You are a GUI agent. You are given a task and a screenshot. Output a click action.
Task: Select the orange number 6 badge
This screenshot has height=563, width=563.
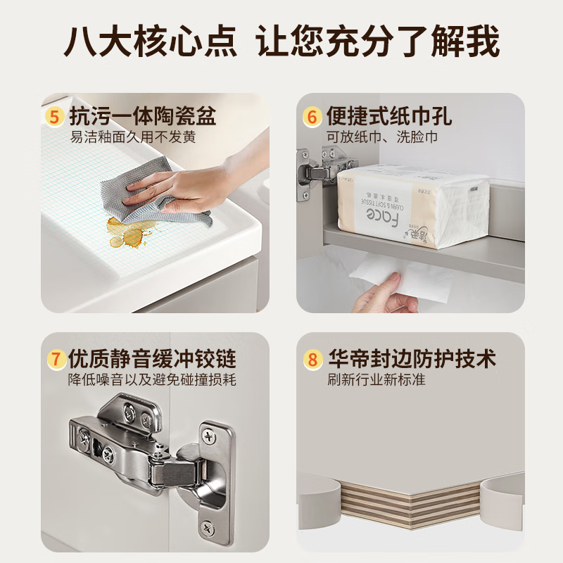pyautogui.click(x=312, y=116)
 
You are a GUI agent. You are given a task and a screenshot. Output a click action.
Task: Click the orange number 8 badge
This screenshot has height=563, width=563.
pyautogui.click(x=312, y=359)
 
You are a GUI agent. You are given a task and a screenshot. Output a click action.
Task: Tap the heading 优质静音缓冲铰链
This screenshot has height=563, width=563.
pyautogui.click(x=152, y=358)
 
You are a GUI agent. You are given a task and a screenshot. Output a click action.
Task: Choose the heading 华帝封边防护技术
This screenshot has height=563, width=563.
pyautogui.click(x=412, y=359)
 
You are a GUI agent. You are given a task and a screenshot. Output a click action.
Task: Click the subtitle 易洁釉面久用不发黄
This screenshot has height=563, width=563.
pyautogui.click(x=133, y=137)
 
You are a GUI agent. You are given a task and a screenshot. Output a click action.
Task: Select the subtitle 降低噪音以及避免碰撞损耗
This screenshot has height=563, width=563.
pyautogui.click(x=152, y=380)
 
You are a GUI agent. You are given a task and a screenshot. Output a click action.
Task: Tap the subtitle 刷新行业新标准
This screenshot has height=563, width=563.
pyautogui.click(x=376, y=380)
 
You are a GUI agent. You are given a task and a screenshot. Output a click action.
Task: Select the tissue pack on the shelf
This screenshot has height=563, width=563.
pyautogui.click(x=412, y=204)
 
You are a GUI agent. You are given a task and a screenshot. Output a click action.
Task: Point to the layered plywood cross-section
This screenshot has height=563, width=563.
pyautogui.click(x=408, y=500)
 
